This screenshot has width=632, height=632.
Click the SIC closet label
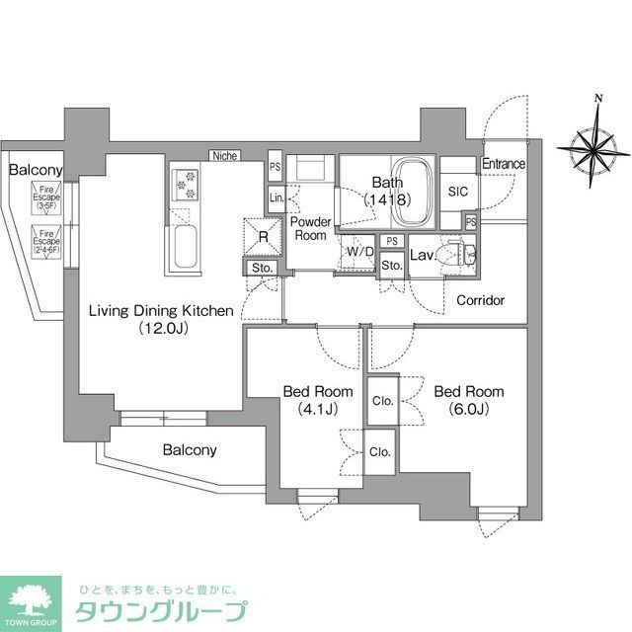point(457,192)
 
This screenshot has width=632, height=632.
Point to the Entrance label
point(504,164)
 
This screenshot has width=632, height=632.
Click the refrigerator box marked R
point(262,236)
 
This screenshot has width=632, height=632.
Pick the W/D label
point(360,252)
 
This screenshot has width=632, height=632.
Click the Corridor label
point(481,300)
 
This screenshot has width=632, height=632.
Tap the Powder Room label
point(310,229)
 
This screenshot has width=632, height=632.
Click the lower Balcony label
point(190,450)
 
